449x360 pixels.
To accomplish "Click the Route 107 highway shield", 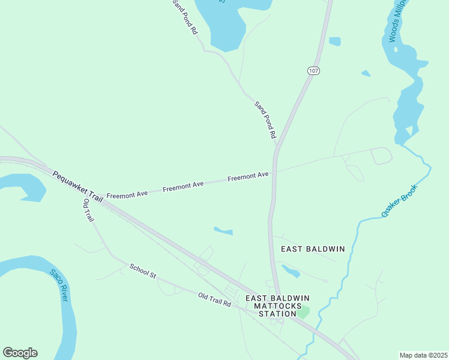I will point(313,71).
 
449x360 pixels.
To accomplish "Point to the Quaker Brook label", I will point(399,201).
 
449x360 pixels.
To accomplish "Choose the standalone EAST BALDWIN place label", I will point(313,248).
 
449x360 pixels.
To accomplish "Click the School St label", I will point(143,271).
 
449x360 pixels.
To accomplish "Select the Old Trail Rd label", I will point(214,299).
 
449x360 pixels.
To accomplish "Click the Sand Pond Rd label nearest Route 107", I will point(265,121).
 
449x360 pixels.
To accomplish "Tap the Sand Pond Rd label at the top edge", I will point(185,16).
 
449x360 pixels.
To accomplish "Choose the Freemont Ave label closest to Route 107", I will point(248,176).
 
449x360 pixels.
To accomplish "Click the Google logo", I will point(20,353).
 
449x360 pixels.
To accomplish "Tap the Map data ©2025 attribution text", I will point(423,355).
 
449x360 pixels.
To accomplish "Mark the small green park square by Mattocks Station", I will point(304,312).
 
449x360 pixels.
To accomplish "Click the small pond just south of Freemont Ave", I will point(223,230).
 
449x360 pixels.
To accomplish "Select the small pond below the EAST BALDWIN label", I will point(291,271).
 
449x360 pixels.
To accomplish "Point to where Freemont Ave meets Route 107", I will point(274,173).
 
